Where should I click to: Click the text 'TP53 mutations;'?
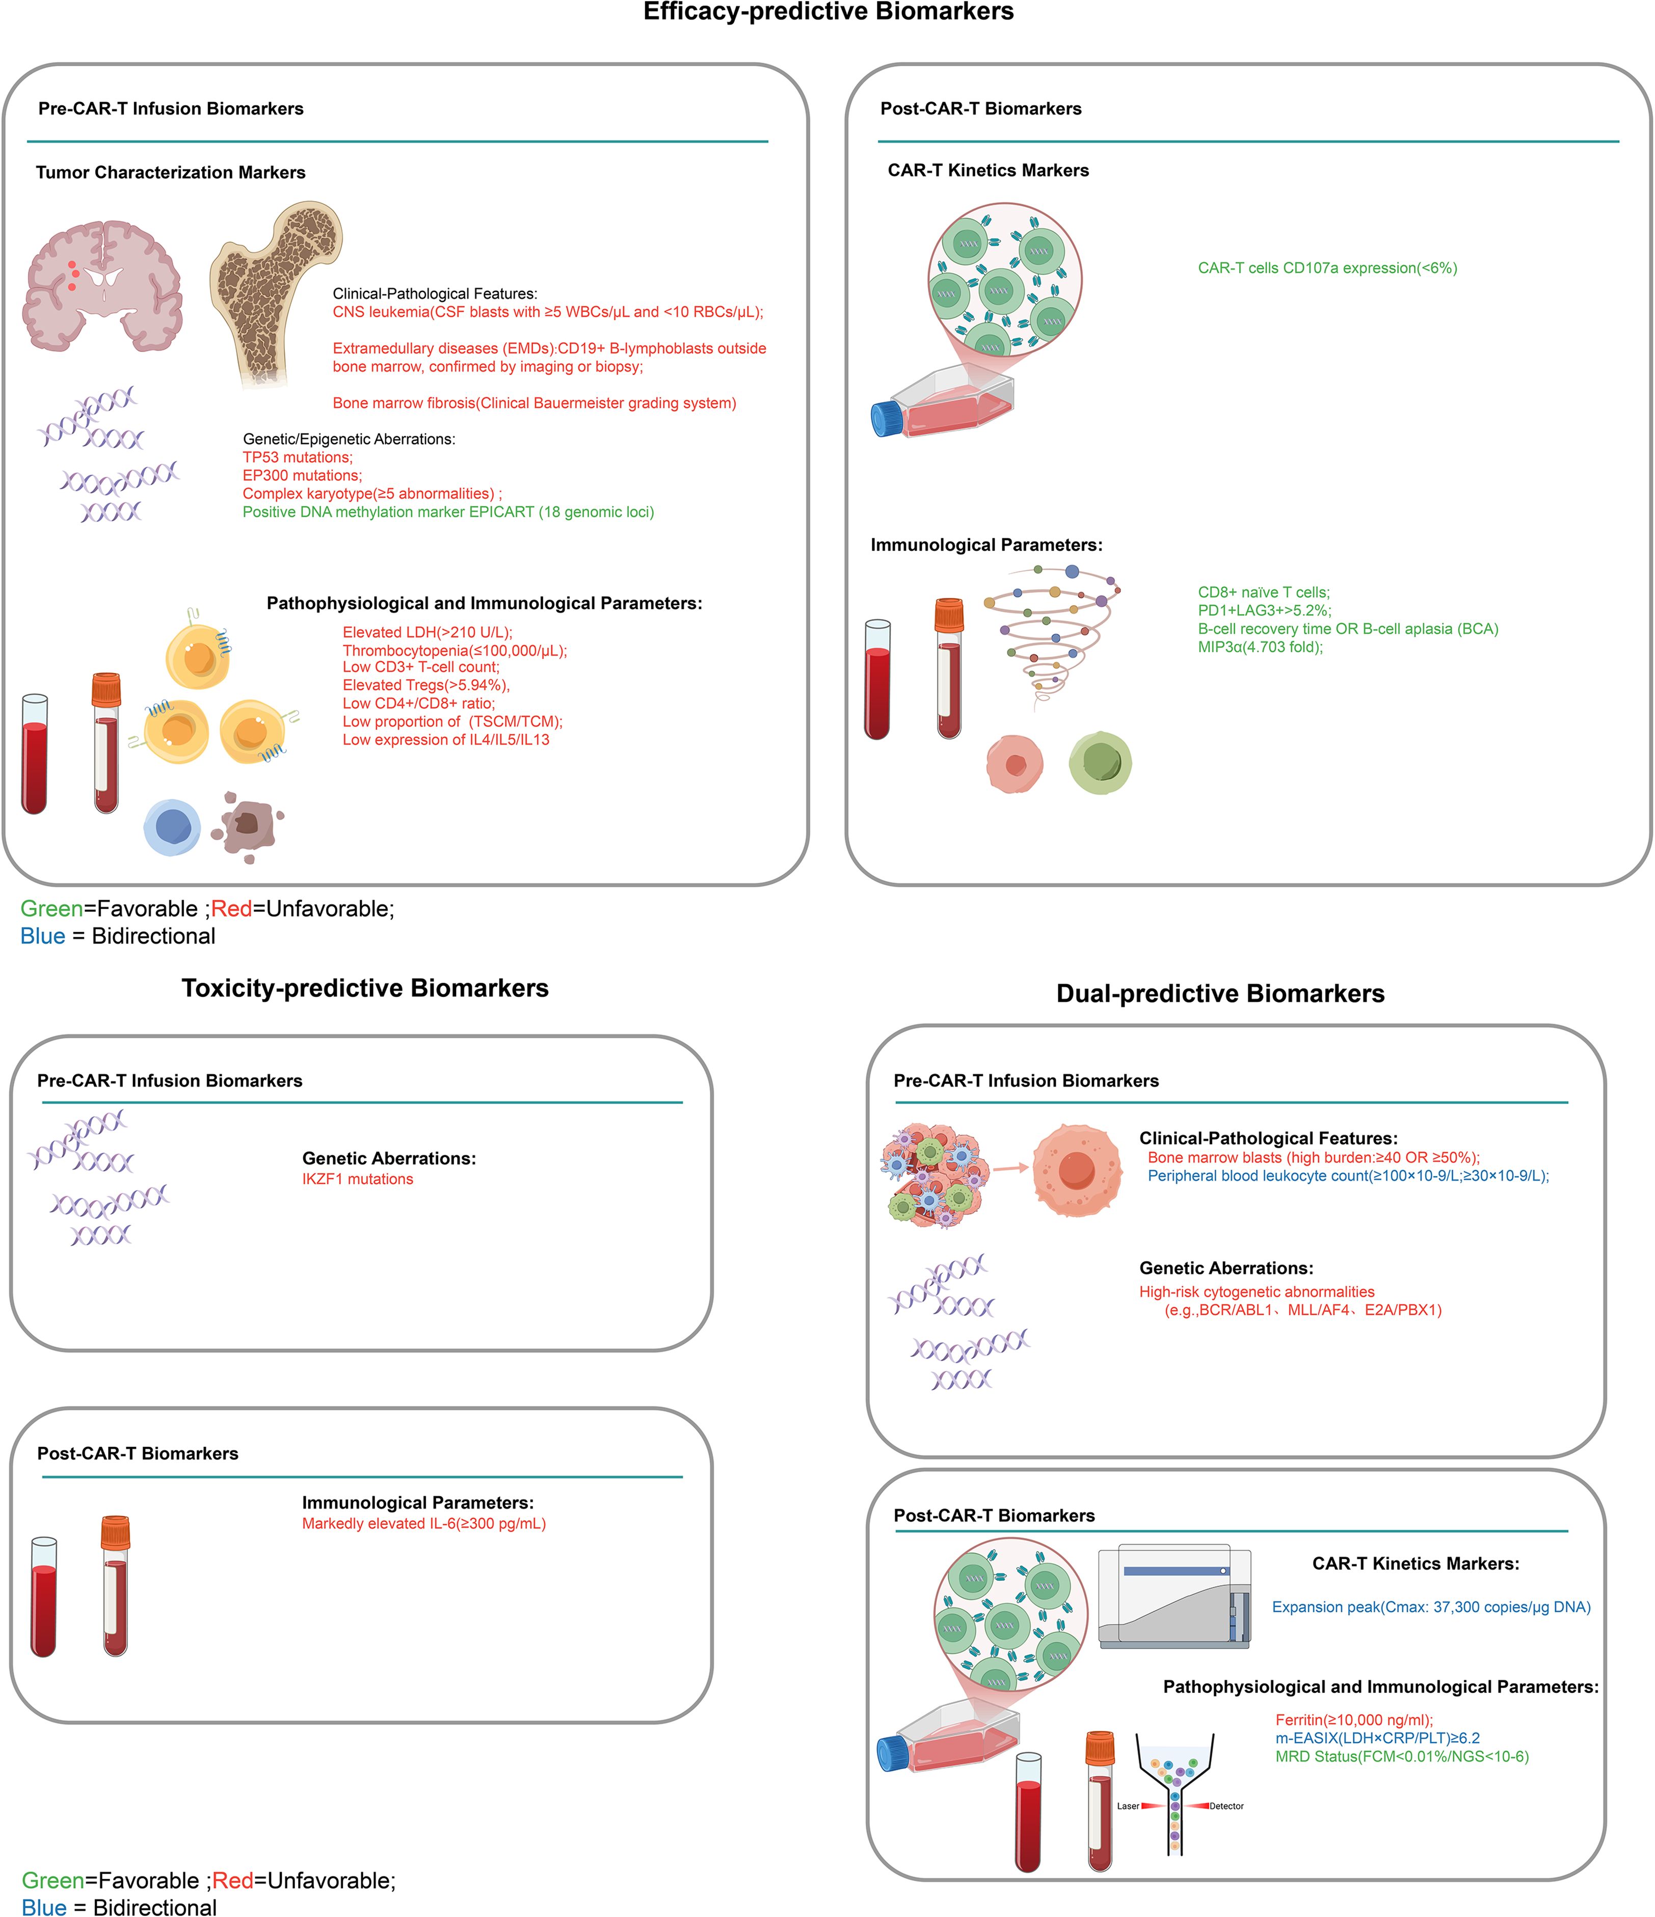pyautogui.click(x=297, y=457)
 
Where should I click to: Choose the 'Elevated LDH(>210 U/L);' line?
pyautogui.click(x=426, y=632)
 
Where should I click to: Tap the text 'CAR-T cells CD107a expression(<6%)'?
pyautogui.click(x=1327, y=268)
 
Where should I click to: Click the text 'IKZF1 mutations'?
pyautogui.click(x=357, y=1179)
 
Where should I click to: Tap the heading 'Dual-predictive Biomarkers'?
pyautogui.click(x=1220, y=994)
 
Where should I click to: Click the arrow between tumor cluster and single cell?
pyautogui.click(x=1011, y=1168)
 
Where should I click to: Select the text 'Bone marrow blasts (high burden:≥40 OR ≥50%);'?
pyautogui.click(x=1314, y=1157)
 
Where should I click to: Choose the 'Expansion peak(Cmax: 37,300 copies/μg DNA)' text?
pyautogui.click(x=1431, y=1607)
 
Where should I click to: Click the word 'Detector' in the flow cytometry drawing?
pyautogui.click(x=1226, y=1806)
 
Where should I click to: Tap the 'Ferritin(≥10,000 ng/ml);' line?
pyautogui.click(x=1353, y=1720)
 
